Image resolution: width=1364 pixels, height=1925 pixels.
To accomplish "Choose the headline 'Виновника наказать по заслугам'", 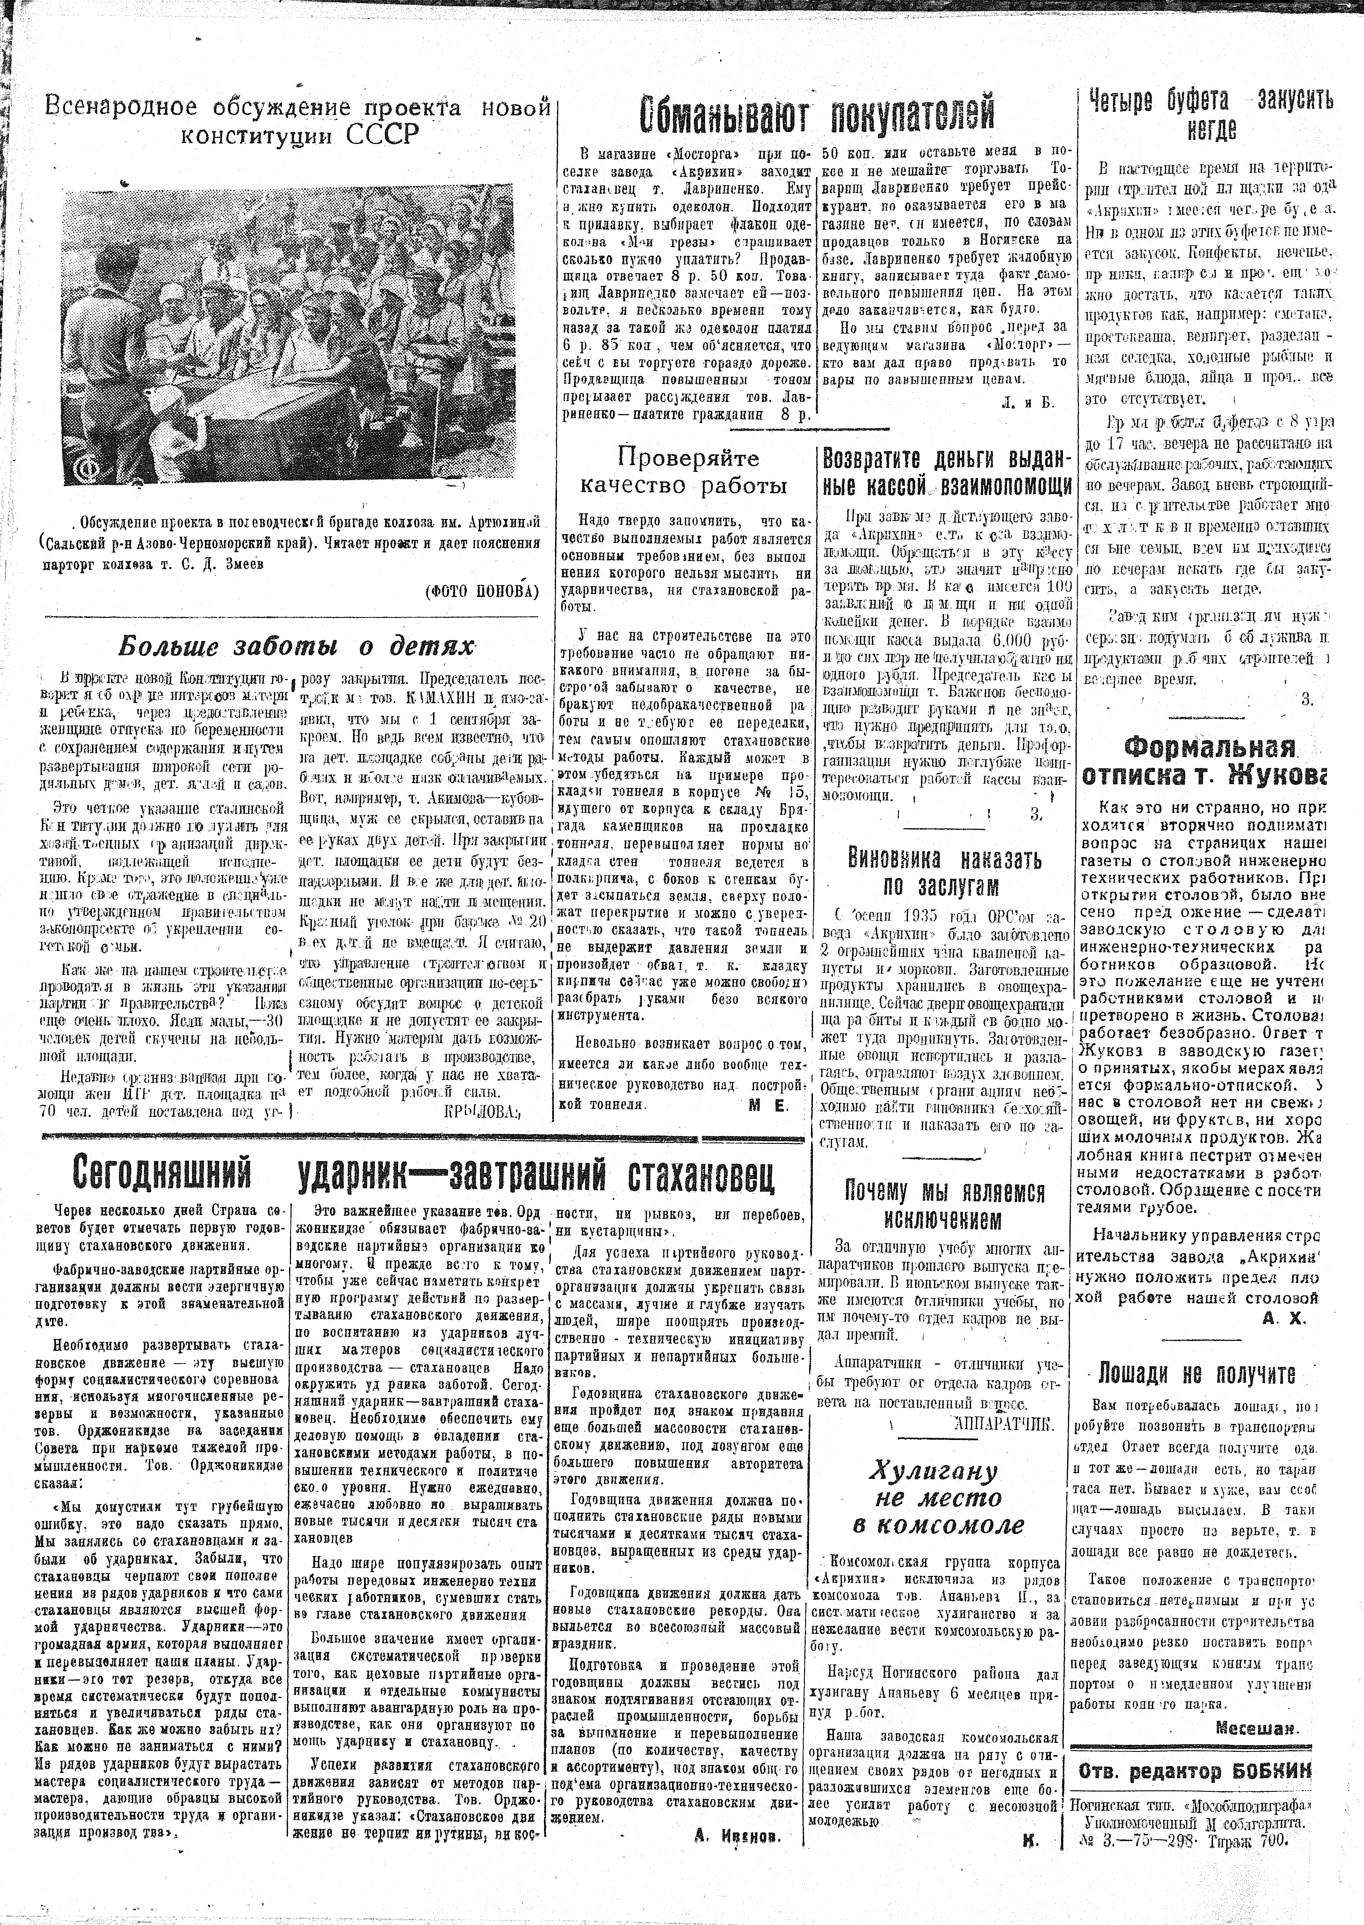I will (944, 873).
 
